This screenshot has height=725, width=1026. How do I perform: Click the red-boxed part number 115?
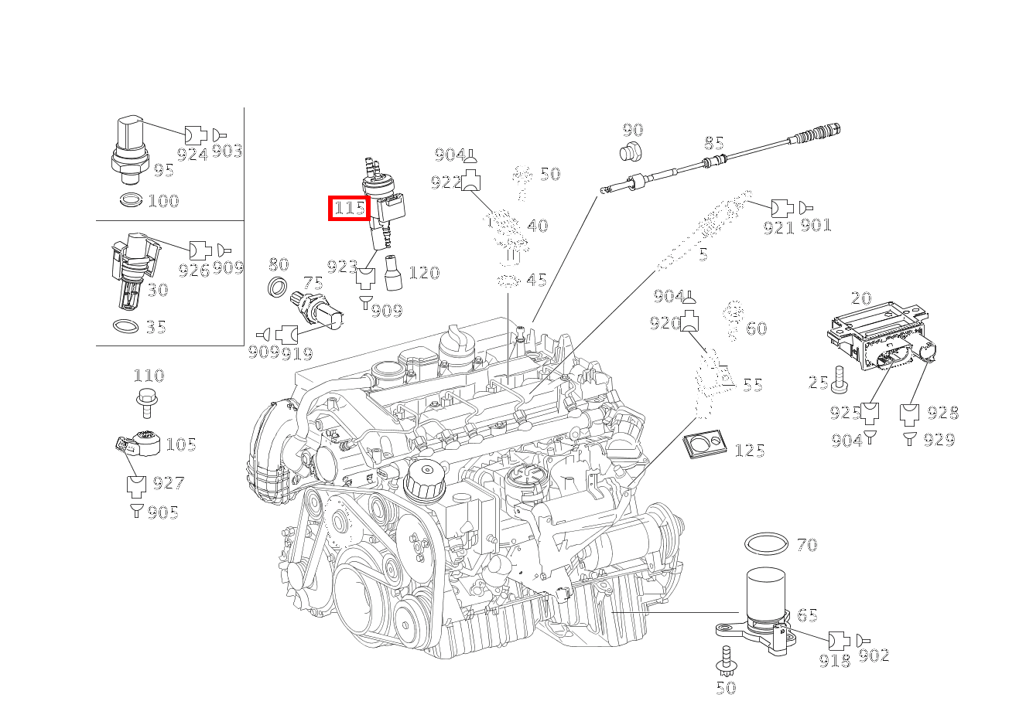(x=350, y=209)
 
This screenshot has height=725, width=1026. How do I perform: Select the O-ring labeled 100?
(x=131, y=199)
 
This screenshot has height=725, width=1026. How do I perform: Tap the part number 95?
(x=163, y=171)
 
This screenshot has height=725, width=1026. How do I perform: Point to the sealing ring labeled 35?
(x=125, y=326)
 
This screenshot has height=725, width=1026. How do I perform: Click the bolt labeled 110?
(x=147, y=403)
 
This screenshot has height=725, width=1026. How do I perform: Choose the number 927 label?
(x=169, y=483)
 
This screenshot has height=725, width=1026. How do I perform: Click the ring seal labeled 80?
(x=278, y=286)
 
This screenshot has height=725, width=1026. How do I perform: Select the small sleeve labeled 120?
(x=393, y=273)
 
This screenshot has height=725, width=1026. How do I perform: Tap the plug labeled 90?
(x=631, y=151)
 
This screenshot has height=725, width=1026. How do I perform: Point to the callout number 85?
(x=713, y=143)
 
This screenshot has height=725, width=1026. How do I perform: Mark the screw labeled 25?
(x=839, y=380)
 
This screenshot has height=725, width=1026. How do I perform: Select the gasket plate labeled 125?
(x=704, y=444)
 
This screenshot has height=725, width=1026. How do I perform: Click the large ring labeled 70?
(x=766, y=543)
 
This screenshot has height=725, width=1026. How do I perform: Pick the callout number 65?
(x=807, y=615)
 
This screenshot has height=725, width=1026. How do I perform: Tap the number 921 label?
(x=778, y=227)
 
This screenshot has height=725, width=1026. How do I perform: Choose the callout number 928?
(x=942, y=413)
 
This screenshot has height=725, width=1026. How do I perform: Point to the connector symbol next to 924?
(x=196, y=135)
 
